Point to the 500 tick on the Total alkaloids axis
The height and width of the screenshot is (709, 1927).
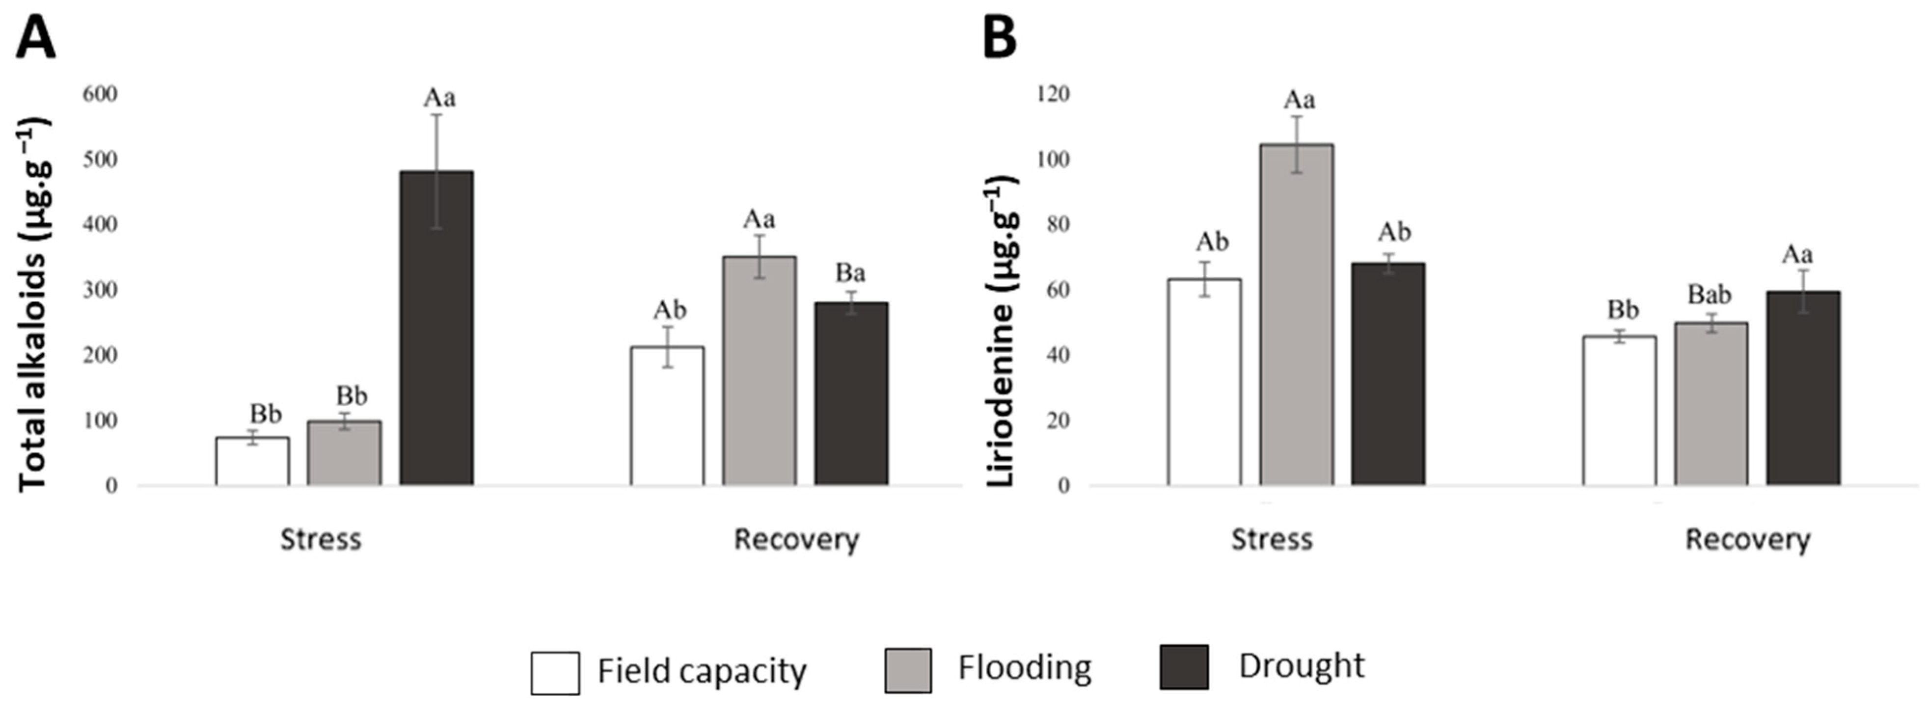(101, 159)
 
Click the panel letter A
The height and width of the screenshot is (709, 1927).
(35, 38)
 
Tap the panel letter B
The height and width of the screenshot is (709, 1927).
(1000, 38)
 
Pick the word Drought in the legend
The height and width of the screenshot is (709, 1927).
(1301, 666)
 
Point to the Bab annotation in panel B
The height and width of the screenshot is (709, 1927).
(1710, 295)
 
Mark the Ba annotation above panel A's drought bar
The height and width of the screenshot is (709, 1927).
(850, 273)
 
